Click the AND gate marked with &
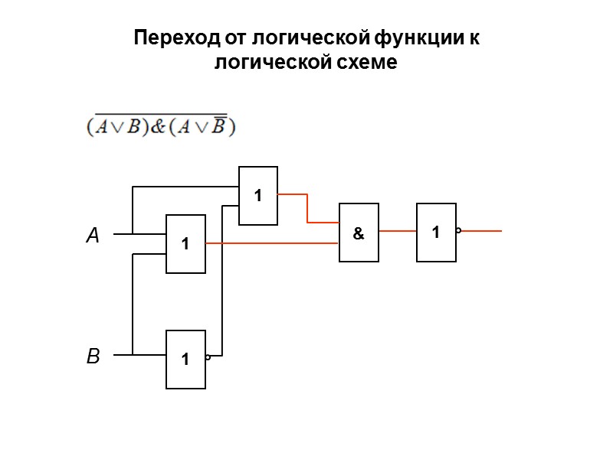pyautogui.click(x=359, y=233)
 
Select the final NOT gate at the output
pyautogui.click(x=436, y=232)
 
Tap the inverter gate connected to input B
pyautogui.click(x=185, y=359)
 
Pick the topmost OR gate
pyautogui.click(x=258, y=196)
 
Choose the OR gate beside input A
pyautogui.click(x=185, y=244)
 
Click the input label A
pyautogui.click(x=93, y=236)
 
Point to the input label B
pyautogui.click(x=93, y=356)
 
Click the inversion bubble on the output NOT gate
pyautogui.click(x=458, y=230)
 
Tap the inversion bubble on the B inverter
pyautogui.click(x=208, y=356)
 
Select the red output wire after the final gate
pyautogui.click(x=481, y=230)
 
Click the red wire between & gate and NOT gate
pyautogui.click(x=397, y=230)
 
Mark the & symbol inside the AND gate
pyautogui.click(x=358, y=234)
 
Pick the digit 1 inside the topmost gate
pyautogui.click(x=258, y=196)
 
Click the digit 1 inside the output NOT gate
pyautogui.click(x=435, y=232)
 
